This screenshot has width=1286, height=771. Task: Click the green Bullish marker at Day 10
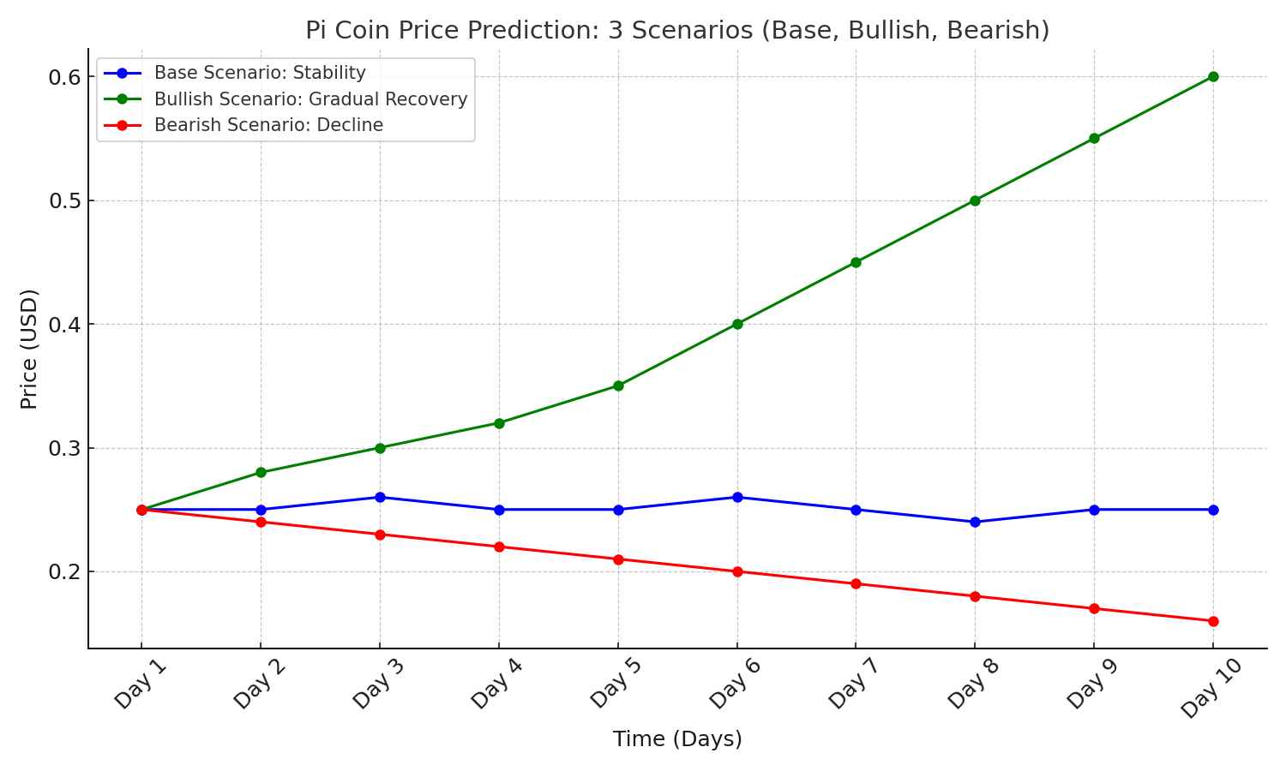[x=1213, y=77]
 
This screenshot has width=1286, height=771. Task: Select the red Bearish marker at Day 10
[x=1213, y=621]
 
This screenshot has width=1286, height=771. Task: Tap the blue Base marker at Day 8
[x=975, y=522]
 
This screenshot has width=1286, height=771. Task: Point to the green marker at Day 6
[x=737, y=324]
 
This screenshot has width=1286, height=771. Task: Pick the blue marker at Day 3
[x=380, y=497]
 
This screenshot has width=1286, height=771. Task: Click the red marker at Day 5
[x=618, y=559]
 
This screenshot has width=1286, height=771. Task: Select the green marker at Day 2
[x=261, y=472]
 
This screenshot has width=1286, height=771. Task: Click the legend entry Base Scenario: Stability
[x=259, y=74]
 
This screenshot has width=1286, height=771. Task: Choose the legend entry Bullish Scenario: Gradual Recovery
[x=310, y=99]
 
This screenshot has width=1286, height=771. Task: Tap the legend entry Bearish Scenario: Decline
[x=267, y=125]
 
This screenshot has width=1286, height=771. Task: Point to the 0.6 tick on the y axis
[x=64, y=77]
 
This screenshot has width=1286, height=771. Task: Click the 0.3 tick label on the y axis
[x=64, y=448]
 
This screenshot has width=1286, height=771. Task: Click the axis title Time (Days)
[x=677, y=738]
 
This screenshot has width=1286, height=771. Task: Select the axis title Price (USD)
[x=29, y=349]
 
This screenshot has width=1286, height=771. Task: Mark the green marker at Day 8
[x=975, y=200]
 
